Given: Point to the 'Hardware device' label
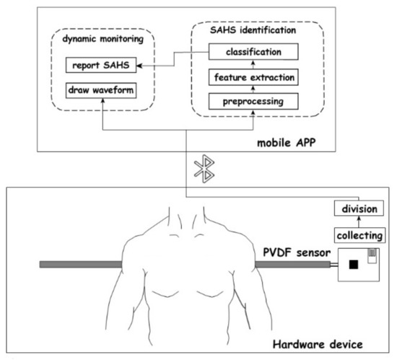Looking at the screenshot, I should click(x=325, y=344).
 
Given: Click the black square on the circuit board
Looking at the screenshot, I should click(x=354, y=265).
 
